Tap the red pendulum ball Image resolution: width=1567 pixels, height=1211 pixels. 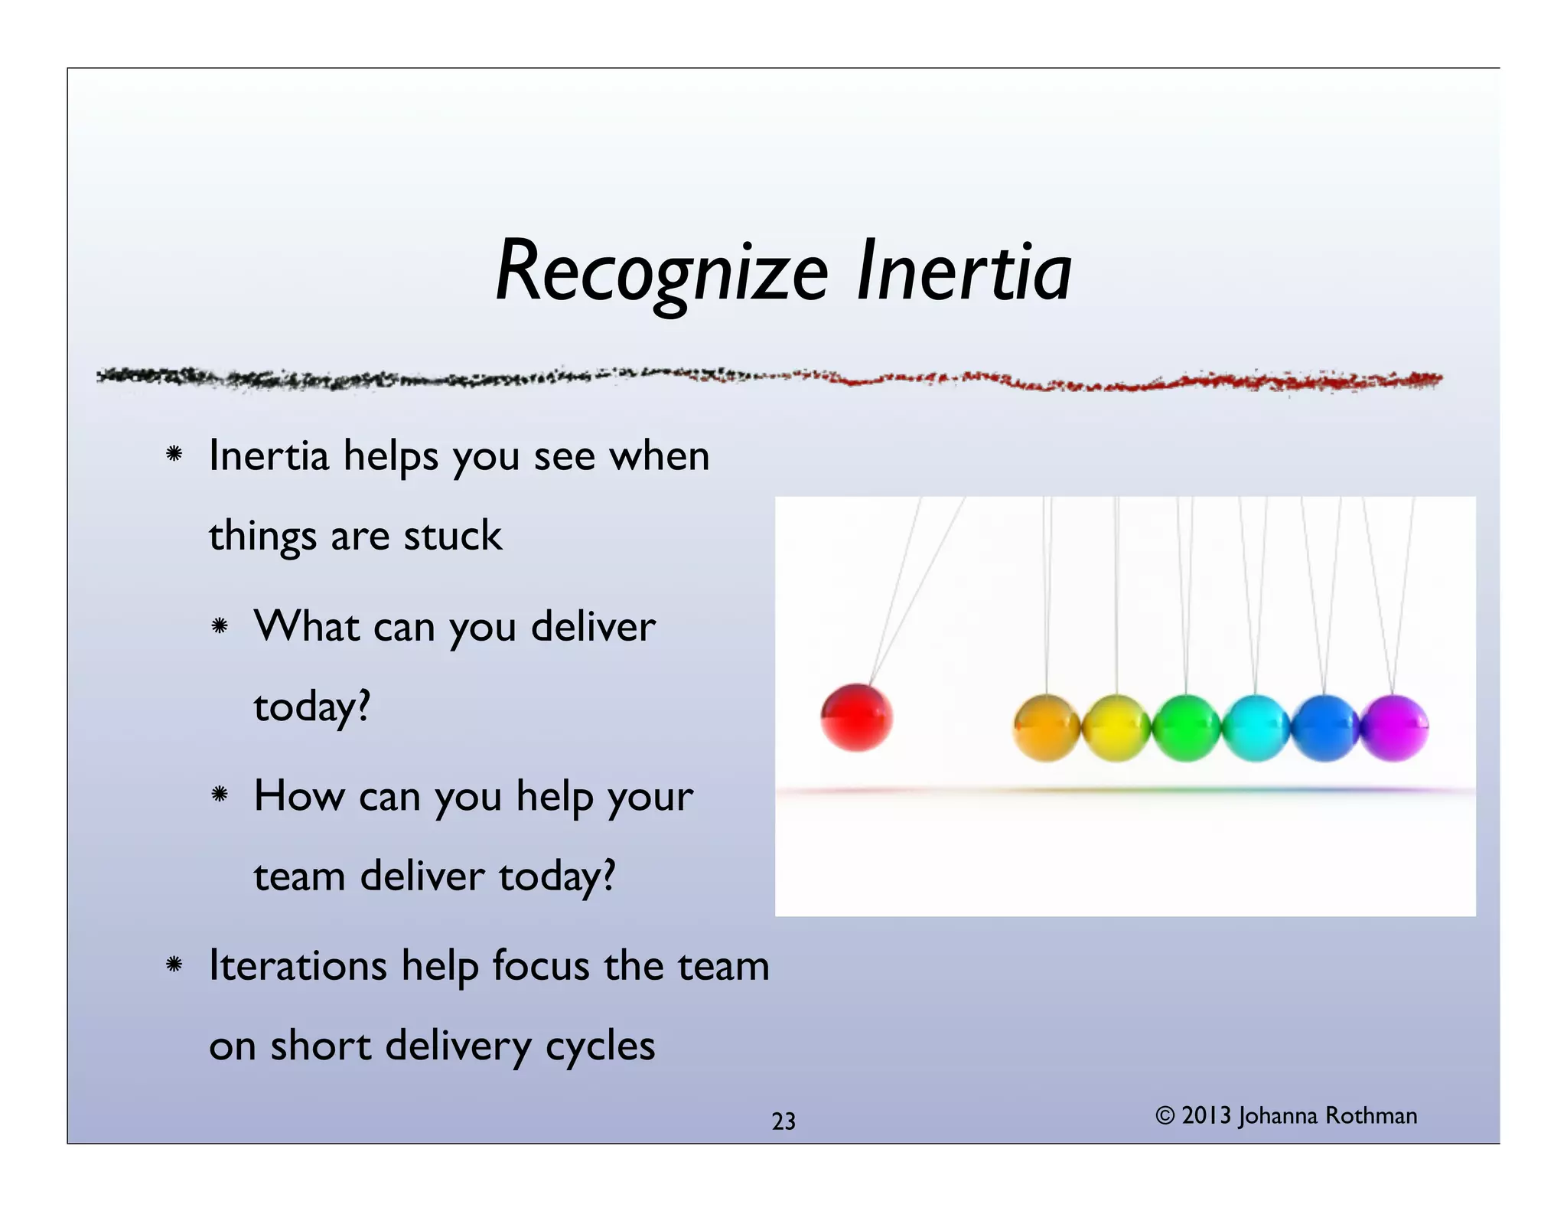click(856, 717)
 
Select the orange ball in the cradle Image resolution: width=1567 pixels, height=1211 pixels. click(1046, 727)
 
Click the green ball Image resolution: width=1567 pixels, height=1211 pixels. click(1184, 727)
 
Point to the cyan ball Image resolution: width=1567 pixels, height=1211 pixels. click(1255, 727)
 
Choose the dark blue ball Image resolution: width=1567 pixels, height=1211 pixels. click(1324, 727)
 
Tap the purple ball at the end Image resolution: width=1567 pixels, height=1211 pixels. click(1395, 727)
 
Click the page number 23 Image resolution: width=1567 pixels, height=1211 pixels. click(783, 1121)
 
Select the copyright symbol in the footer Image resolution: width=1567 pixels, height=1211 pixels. click(1165, 1116)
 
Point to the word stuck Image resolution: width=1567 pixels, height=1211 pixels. click(452, 535)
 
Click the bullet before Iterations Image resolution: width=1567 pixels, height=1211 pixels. click(174, 965)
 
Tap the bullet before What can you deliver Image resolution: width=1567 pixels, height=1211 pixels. click(220, 626)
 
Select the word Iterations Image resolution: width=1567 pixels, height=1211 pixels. click(298, 965)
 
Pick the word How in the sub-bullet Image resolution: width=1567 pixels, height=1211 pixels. click(299, 795)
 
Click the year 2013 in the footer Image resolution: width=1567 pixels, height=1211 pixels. click(1206, 1116)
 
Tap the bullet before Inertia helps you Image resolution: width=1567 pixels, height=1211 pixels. click(174, 455)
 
